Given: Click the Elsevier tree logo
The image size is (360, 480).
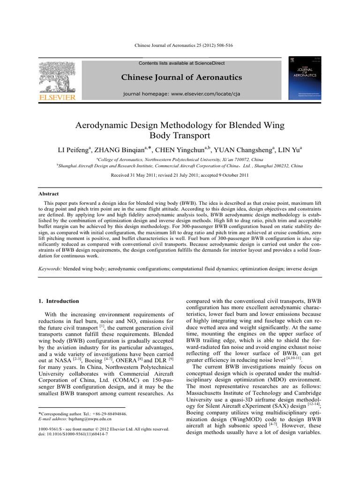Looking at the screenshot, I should (60, 76).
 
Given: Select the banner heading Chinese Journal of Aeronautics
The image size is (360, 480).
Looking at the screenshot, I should (181, 77).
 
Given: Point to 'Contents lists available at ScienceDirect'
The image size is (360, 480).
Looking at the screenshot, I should (181, 63).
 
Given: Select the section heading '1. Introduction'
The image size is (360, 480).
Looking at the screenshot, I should (59, 301).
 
